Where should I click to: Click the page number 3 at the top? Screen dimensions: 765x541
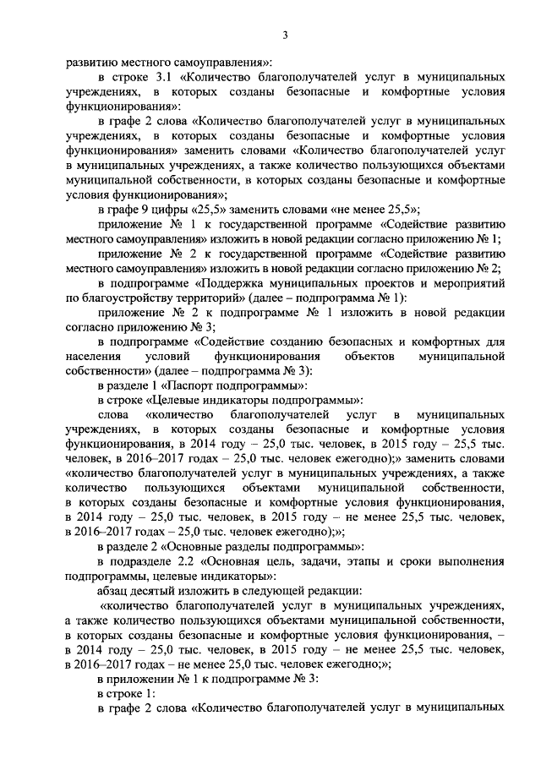[285, 35]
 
